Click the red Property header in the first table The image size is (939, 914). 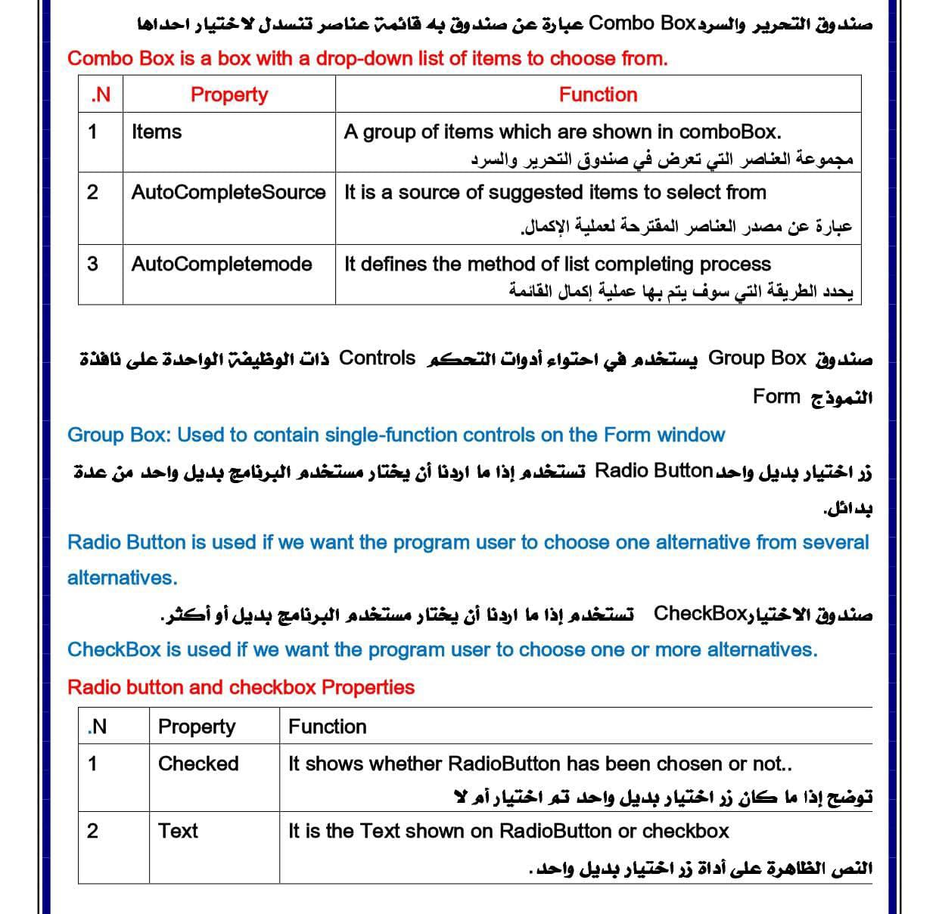click(229, 94)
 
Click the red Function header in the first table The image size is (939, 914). click(598, 94)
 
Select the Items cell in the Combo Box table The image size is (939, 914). click(157, 132)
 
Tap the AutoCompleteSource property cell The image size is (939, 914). click(228, 192)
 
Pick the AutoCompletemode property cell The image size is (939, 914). click(221, 264)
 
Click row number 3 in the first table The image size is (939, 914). click(92, 264)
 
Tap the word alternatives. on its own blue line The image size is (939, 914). click(122, 578)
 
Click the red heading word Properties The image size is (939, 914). click(368, 687)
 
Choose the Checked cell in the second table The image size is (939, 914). click(198, 764)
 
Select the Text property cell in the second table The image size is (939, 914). click(178, 831)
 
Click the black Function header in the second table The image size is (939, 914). click(327, 727)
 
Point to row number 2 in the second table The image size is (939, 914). click(92, 831)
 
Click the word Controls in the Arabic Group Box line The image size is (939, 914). click(377, 358)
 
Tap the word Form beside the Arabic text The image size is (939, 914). click(776, 396)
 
